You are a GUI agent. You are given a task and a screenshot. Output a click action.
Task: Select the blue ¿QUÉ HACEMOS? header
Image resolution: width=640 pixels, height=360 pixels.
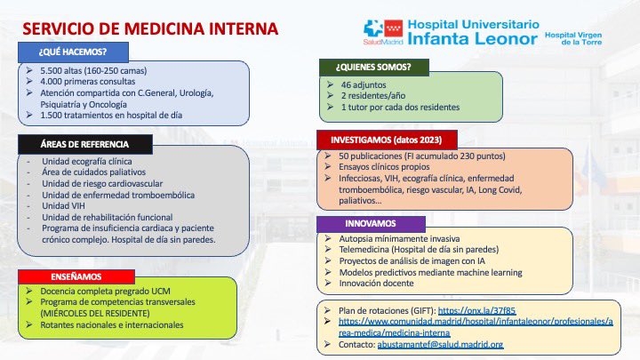pos(73,50)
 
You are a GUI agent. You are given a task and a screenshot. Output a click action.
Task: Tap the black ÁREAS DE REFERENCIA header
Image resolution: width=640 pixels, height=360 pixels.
pos(84,143)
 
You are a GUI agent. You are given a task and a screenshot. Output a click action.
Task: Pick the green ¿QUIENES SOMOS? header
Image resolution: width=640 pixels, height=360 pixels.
pos(373,66)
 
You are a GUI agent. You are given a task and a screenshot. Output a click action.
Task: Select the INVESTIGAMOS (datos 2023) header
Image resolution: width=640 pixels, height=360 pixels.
pos(387,140)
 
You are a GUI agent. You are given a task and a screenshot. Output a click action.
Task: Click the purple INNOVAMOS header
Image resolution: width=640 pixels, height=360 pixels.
pos(372,223)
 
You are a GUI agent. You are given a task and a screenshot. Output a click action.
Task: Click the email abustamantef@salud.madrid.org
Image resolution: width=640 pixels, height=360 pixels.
pos(450,345)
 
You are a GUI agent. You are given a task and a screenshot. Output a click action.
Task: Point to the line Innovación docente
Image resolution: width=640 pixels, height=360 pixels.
pos(377,283)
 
